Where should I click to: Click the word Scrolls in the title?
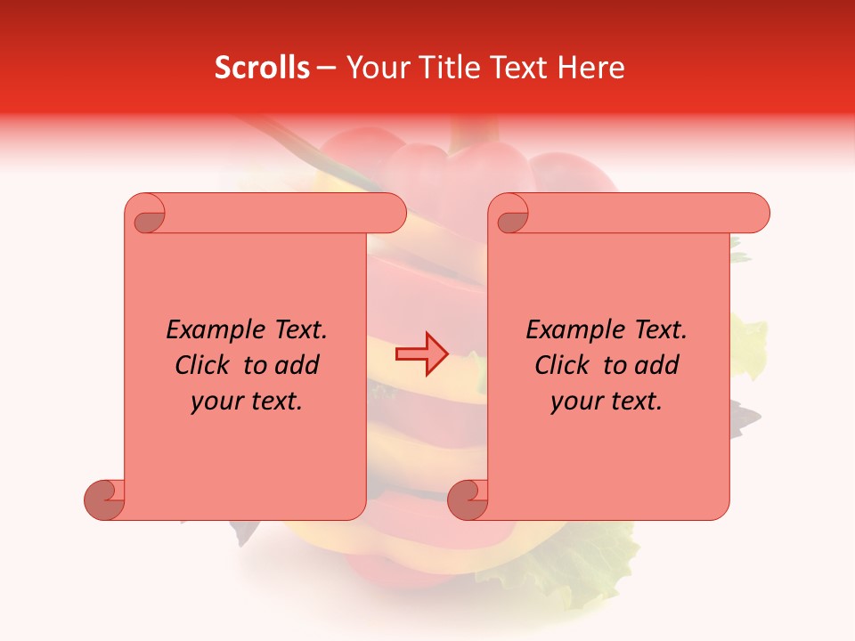(x=262, y=68)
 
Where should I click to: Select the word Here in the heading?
(x=591, y=68)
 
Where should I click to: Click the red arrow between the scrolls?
(x=421, y=355)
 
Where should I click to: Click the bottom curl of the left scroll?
(x=105, y=499)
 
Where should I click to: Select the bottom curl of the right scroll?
(x=468, y=499)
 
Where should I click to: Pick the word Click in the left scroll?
(x=206, y=365)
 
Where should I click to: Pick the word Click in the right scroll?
(x=566, y=365)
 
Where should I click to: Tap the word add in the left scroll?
(x=297, y=365)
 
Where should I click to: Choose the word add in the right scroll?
(x=657, y=365)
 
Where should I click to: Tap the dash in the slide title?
(x=327, y=69)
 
